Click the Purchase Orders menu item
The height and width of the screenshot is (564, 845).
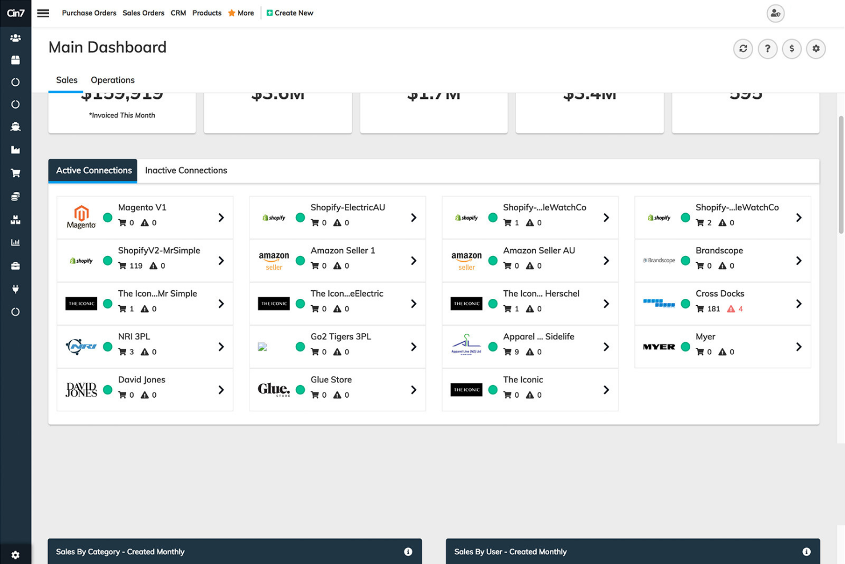88,13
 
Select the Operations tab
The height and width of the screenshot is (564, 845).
112,80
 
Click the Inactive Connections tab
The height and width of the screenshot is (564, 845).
186,170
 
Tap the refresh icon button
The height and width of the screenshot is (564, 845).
743,49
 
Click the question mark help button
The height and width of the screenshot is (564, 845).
767,49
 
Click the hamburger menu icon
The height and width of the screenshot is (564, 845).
43,13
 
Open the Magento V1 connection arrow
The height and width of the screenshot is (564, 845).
221,218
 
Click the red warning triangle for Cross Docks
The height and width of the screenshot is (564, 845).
731,309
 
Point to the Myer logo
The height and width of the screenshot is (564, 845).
659,347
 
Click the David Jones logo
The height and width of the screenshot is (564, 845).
81,390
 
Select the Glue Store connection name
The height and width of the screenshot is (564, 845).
331,379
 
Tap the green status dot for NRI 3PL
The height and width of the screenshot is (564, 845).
107,347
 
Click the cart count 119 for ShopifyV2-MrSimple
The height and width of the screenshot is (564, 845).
135,266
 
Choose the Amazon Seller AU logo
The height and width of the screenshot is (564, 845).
466,261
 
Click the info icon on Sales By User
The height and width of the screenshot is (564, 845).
806,551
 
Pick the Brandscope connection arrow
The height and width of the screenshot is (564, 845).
798,261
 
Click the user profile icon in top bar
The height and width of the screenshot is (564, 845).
775,13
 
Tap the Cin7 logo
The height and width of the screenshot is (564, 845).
15,13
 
